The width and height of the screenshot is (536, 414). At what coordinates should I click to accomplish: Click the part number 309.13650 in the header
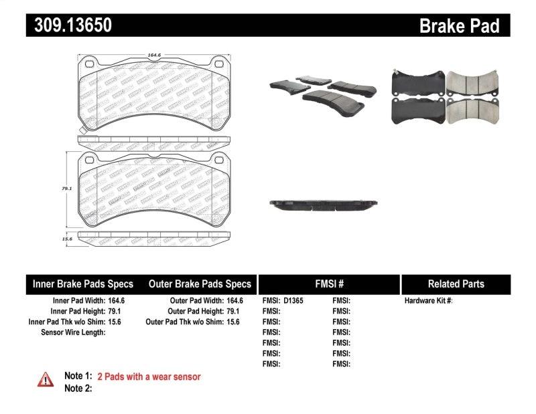69,25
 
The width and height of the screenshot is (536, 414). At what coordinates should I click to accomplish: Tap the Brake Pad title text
459,25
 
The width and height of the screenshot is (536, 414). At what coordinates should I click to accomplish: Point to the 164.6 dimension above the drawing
156,56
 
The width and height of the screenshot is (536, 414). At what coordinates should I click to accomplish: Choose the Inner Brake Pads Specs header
83,284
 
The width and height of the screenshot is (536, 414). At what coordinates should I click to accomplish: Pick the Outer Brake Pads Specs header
200,284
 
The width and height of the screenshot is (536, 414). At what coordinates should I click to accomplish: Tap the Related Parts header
456,284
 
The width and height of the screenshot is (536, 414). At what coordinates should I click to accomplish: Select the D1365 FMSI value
293,301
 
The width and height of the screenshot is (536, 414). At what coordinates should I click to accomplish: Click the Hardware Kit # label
428,301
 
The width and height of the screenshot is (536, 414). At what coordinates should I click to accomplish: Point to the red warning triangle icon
46,379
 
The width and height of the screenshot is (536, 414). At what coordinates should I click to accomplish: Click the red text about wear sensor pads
149,377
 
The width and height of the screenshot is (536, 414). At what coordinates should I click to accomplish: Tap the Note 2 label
78,388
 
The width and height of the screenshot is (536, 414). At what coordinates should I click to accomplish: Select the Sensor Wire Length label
73,332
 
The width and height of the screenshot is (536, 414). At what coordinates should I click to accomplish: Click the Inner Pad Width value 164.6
116,301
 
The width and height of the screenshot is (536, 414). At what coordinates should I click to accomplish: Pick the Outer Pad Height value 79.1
233,311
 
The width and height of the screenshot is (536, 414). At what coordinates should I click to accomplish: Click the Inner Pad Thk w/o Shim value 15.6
116,322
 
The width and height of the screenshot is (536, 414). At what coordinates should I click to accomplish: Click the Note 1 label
78,377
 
